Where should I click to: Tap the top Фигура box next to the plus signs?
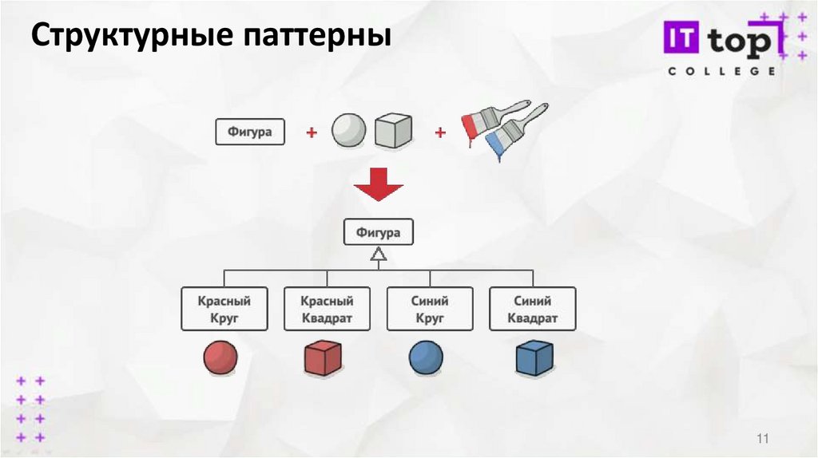(250, 132)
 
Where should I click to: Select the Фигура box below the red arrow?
(379, 233)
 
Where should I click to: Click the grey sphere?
(348, 129)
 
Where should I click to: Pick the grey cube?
(393, 130)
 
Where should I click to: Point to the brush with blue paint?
(515, 132)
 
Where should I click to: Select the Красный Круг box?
(224, 310)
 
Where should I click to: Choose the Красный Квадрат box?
(327, 310)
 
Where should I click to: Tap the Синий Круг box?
(431, 310)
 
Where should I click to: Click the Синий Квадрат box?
(533, 310)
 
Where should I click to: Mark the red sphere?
(220, 357)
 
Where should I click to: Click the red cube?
(324, 358)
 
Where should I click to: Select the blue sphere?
(427, 357)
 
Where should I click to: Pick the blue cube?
(534, 358)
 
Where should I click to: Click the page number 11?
(761, 439)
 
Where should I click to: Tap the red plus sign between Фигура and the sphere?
(312, 132)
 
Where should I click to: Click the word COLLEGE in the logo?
(721, 71)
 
